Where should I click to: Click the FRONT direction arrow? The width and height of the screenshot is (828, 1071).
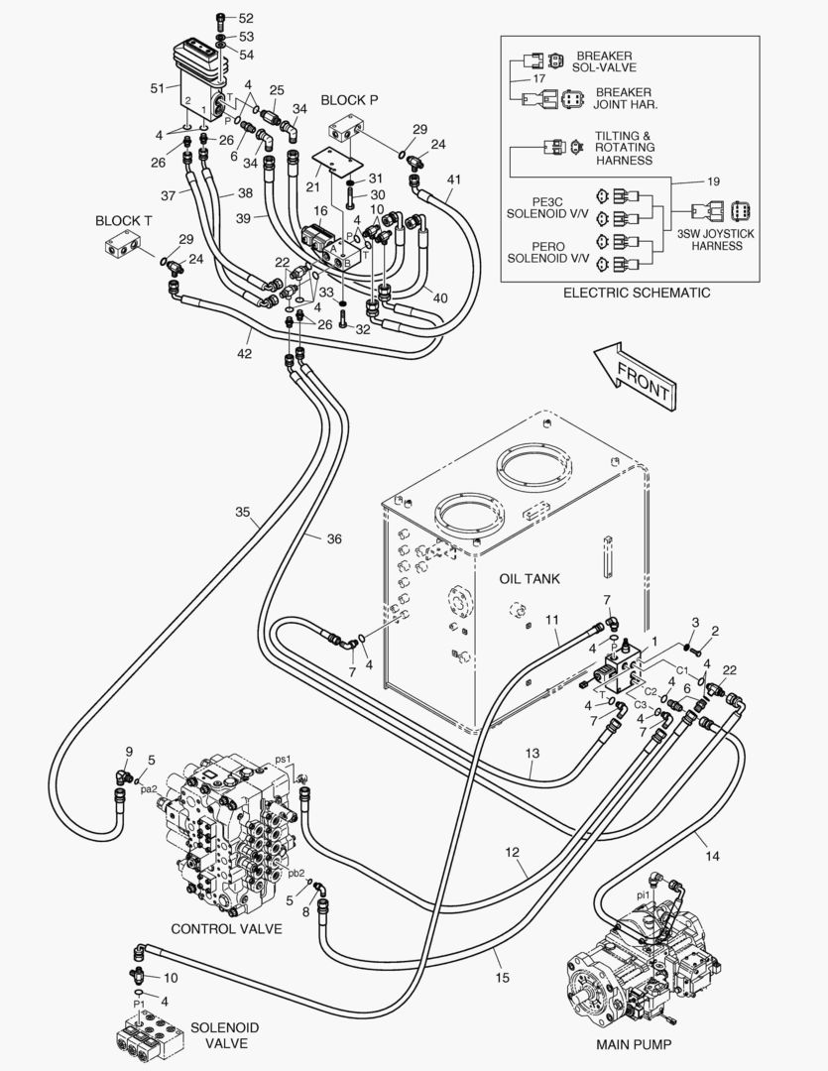pos(635,376)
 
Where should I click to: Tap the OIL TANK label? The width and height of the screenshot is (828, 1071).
pos(530,578)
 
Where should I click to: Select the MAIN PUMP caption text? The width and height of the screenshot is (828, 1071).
pos(634,1044)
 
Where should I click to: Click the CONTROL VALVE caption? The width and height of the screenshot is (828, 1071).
pos(226,929)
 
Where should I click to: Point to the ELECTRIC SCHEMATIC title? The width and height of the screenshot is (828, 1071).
pos(636,293)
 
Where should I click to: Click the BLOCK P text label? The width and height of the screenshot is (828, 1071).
pos(349,100)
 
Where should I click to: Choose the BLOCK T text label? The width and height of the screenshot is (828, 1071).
pos(123,220)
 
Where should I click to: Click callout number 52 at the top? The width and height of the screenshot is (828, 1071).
pos(245,19)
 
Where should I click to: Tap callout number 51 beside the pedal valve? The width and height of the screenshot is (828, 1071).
pos(158,88)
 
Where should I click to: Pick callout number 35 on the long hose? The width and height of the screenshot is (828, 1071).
pos(243,512)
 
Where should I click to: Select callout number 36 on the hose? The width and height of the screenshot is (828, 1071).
pos(333,538)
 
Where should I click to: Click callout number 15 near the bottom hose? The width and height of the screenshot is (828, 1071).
pos(502,978)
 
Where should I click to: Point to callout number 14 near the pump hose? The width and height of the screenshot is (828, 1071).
pos(712,856)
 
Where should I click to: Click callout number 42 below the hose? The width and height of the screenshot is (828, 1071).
pos(244,354)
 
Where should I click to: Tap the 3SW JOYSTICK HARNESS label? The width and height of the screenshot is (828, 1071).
pos(716,239)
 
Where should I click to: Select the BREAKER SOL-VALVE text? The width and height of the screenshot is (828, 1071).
pos(605,61)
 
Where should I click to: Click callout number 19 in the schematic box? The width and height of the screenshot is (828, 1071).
pos(713,181)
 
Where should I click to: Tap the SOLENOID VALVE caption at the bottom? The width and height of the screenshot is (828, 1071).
pos(225,1035)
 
